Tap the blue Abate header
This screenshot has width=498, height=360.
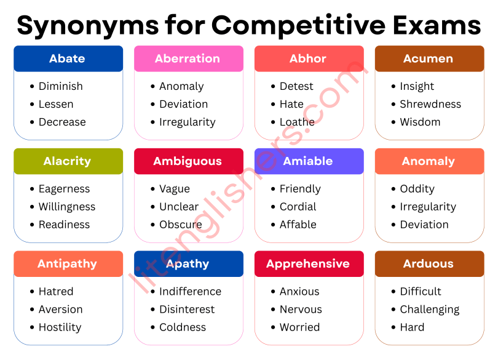pos(68,58)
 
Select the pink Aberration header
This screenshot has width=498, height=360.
pos(188,58)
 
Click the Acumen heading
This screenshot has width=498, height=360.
pos(429,58)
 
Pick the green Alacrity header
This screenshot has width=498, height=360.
pos(67,161)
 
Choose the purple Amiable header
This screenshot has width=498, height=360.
pos(308,161)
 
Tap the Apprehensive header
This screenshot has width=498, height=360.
pos(308,263)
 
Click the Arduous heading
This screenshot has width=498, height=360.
pos(429,263)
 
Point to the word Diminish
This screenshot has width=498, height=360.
pos(60,86)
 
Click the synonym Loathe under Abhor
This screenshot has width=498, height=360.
pos(297,122)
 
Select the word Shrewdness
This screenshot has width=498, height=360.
pos(430,104)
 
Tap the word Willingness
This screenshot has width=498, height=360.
pos(67,207)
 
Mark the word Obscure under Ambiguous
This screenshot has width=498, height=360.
pos(181,225)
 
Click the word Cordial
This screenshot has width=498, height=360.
pos(298,207)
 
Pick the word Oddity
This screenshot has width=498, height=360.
pos(417,189)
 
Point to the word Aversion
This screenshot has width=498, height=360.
pos(60,309)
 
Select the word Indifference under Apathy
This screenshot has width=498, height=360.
pos(190,291)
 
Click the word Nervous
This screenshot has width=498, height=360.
pos(301,309)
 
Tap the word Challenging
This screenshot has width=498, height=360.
pos(430,309)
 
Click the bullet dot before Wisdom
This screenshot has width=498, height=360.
pos(393,122)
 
